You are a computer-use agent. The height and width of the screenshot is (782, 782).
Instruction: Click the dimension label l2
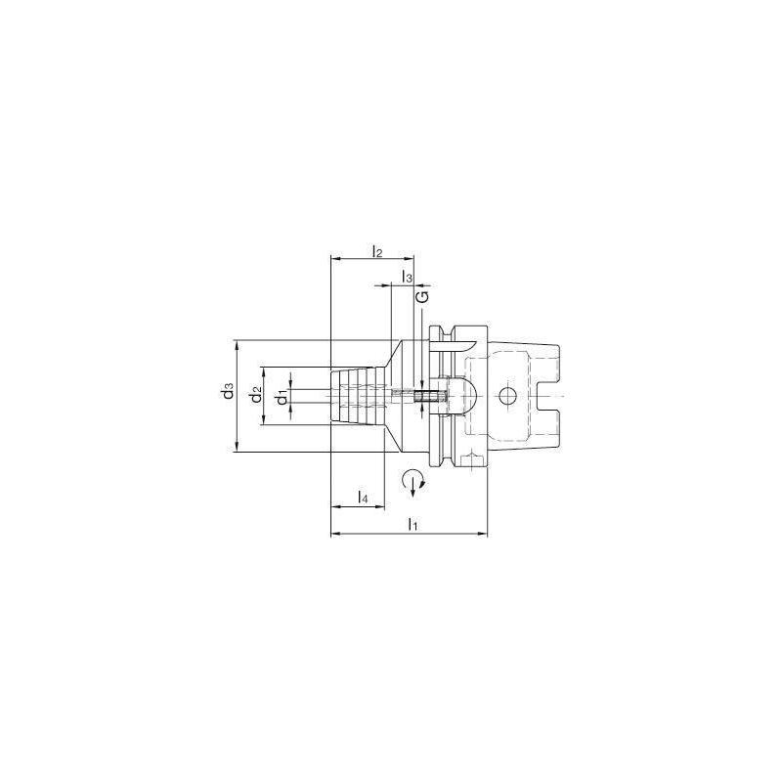[376, 251]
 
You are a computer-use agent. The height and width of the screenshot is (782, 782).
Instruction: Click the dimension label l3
[407, 278]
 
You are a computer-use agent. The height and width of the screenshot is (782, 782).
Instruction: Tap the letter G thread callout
[422, 296]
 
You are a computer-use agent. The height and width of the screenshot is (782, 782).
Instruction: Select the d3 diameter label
[226, 392]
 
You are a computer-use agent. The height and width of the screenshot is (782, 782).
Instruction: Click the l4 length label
[363, 499]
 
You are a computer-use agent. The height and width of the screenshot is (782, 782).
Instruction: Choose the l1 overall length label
[413, 526]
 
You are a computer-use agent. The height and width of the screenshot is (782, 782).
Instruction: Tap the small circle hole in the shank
[505, 396]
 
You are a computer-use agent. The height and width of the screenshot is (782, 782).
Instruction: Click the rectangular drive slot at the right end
[549, 396]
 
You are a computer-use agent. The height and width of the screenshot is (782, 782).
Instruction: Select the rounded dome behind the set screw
[464, 395]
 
